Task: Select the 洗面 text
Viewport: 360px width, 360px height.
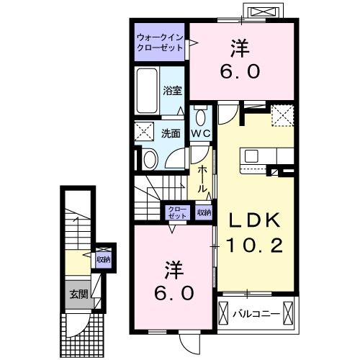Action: click(x=170, y=133)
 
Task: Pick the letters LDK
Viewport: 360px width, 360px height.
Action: click(x=249, y=219)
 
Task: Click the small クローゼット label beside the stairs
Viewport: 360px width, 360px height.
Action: click(x=177, y=212)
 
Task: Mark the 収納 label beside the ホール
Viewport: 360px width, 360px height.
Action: click(x=204, y=212)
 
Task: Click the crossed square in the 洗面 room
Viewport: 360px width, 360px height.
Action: click(x=145, y=132)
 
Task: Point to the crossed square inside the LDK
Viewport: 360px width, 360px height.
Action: click(x=282, y=115)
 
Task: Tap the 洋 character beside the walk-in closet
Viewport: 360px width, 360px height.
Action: click(x=240, y=48)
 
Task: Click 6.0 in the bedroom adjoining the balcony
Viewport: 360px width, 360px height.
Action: click(x=173, y=293)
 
